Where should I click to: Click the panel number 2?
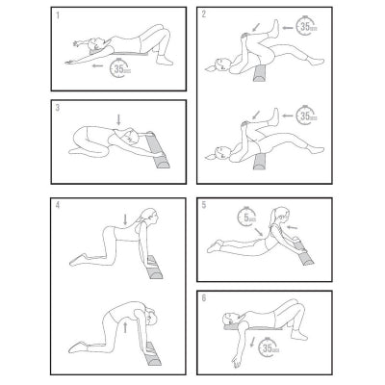point(203,16)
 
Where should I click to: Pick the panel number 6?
point(203,299)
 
